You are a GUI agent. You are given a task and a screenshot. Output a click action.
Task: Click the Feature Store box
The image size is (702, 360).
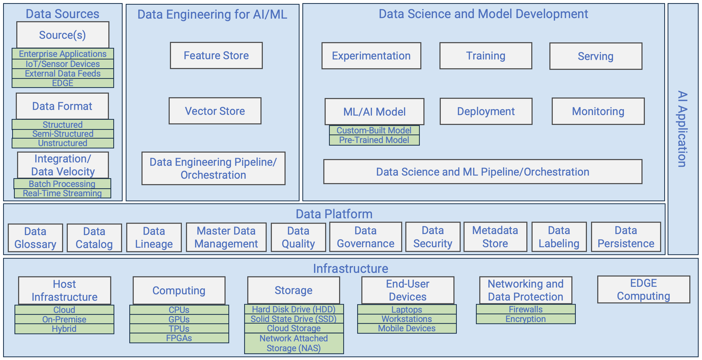pos(216,56)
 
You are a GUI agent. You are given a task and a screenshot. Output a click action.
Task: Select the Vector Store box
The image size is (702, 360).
pos(215,111)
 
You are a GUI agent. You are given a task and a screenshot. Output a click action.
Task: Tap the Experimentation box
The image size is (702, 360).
pos(371,56)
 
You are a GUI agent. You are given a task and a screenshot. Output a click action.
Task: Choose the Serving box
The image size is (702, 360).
pos(595,56)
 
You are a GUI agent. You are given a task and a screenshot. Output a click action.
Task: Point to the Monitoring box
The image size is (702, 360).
pos(598,111)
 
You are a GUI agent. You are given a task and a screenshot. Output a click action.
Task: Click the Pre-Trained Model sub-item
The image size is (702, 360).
pos(374,140)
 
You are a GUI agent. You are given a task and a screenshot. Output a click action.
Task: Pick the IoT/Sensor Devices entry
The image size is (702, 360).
pos(63,64)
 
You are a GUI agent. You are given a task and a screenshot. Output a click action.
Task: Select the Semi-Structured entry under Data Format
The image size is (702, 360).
pos(63,134)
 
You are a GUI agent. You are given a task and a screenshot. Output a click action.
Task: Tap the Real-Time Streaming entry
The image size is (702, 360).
pos(62,193)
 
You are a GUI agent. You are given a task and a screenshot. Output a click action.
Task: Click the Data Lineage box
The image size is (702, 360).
pos(154,237)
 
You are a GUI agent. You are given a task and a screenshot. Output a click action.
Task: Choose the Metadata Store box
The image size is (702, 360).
pos(495,237)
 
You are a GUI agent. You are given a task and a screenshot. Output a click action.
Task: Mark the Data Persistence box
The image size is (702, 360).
pos(626,237)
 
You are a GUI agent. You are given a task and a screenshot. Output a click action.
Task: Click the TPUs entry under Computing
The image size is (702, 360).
pos(179,328)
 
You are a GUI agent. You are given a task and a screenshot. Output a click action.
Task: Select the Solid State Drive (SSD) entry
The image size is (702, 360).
pos(294,319)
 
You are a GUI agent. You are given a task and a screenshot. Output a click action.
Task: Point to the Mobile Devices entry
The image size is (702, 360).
pos(407,328)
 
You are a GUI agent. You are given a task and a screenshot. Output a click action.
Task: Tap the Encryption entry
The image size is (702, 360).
pos(525,319)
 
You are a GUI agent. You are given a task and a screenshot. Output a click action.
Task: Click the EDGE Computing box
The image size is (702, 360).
pos(643,289)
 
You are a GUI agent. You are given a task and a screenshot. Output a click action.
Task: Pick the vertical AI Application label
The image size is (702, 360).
pos(682,129)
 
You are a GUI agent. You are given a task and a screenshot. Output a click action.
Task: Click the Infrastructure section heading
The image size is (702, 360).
pos(350,269)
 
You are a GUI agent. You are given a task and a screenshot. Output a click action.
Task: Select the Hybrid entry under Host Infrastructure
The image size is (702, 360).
pos(64,329)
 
